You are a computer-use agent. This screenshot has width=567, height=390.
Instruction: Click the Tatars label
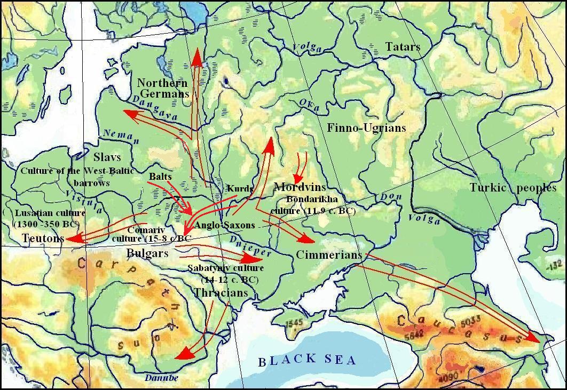(403, 47)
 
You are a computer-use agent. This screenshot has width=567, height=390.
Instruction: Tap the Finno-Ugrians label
(366, 128)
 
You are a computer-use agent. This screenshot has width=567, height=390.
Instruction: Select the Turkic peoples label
(513, 188)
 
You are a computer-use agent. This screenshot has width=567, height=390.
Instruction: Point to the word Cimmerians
(329, 254)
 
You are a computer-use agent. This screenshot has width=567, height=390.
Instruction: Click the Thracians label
(220, 293)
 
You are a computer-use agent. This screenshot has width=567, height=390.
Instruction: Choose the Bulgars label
(147, 253)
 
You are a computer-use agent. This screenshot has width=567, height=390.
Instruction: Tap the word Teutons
(43, 238)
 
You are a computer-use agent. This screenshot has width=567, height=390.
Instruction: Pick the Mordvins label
(300, 187)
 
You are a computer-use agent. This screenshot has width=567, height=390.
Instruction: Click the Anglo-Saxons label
(225, 225)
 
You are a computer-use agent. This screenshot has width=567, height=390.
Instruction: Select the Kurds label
(240, 188)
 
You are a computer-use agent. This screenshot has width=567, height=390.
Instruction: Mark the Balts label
(160, 176)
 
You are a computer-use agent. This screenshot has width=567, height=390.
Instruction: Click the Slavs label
(107, 157)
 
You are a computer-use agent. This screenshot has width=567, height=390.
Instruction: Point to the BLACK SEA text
(307, 360)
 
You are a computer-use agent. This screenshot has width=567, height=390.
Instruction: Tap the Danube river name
(161, 378)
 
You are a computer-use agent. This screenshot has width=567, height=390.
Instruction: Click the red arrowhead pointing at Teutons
(73, 238)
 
